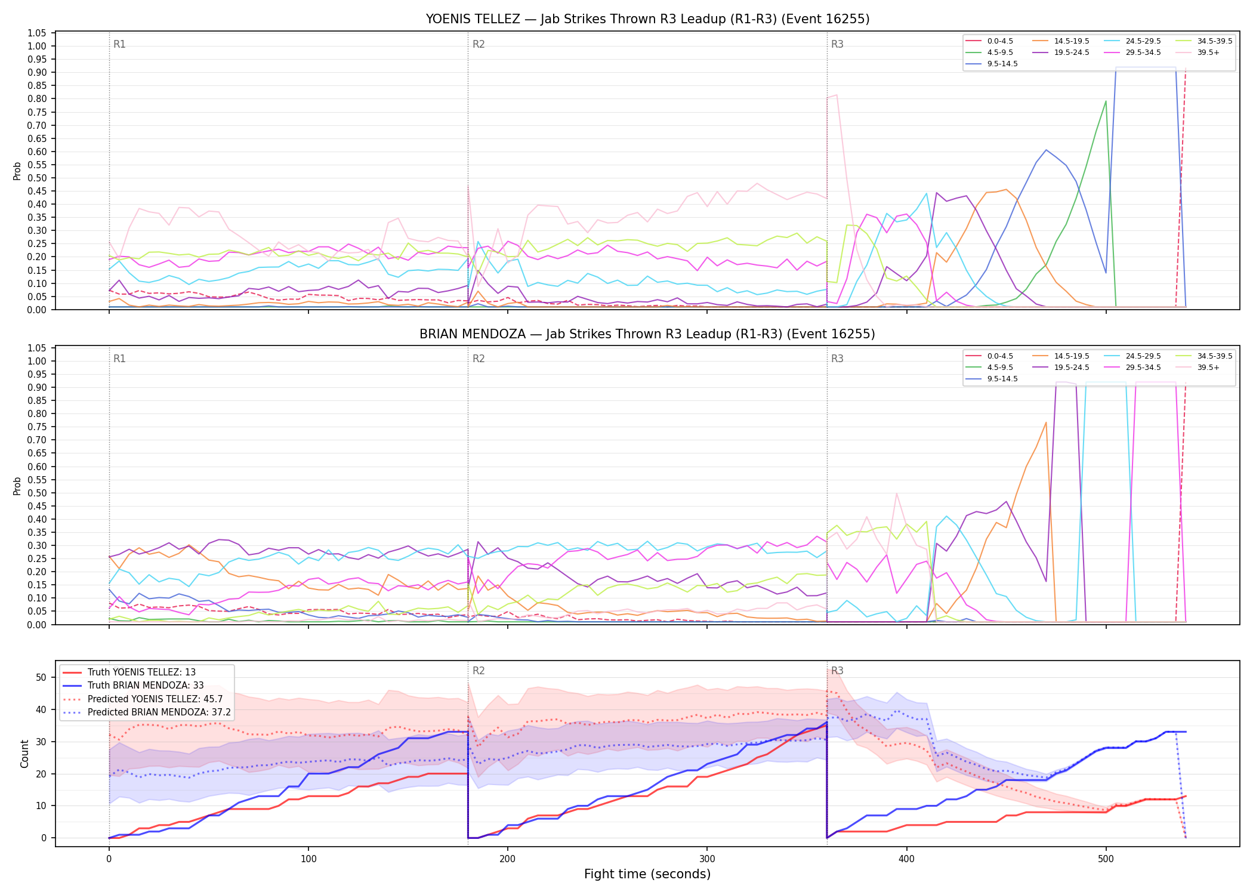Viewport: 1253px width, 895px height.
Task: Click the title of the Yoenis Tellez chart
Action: point(647,19)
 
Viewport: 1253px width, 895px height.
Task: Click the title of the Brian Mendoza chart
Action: point(647,334)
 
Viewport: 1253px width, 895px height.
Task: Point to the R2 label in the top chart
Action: point(479,44)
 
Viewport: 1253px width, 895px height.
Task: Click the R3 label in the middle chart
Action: point(837,359)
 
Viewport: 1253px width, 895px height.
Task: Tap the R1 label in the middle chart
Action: point(119,359)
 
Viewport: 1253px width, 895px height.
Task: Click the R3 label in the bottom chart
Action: point(837,671)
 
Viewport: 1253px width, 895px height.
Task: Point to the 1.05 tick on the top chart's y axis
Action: point(37,33)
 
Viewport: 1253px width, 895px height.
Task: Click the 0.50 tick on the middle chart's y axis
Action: point(37,493)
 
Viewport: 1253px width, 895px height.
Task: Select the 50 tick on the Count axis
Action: point(41,677)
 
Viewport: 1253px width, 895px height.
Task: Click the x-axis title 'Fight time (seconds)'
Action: point(647,874)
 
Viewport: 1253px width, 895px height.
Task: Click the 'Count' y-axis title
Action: point(24,754)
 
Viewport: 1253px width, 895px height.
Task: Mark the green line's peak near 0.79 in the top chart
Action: point(1106,101)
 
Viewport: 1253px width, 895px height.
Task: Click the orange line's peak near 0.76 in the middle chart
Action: point(1046,422)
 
